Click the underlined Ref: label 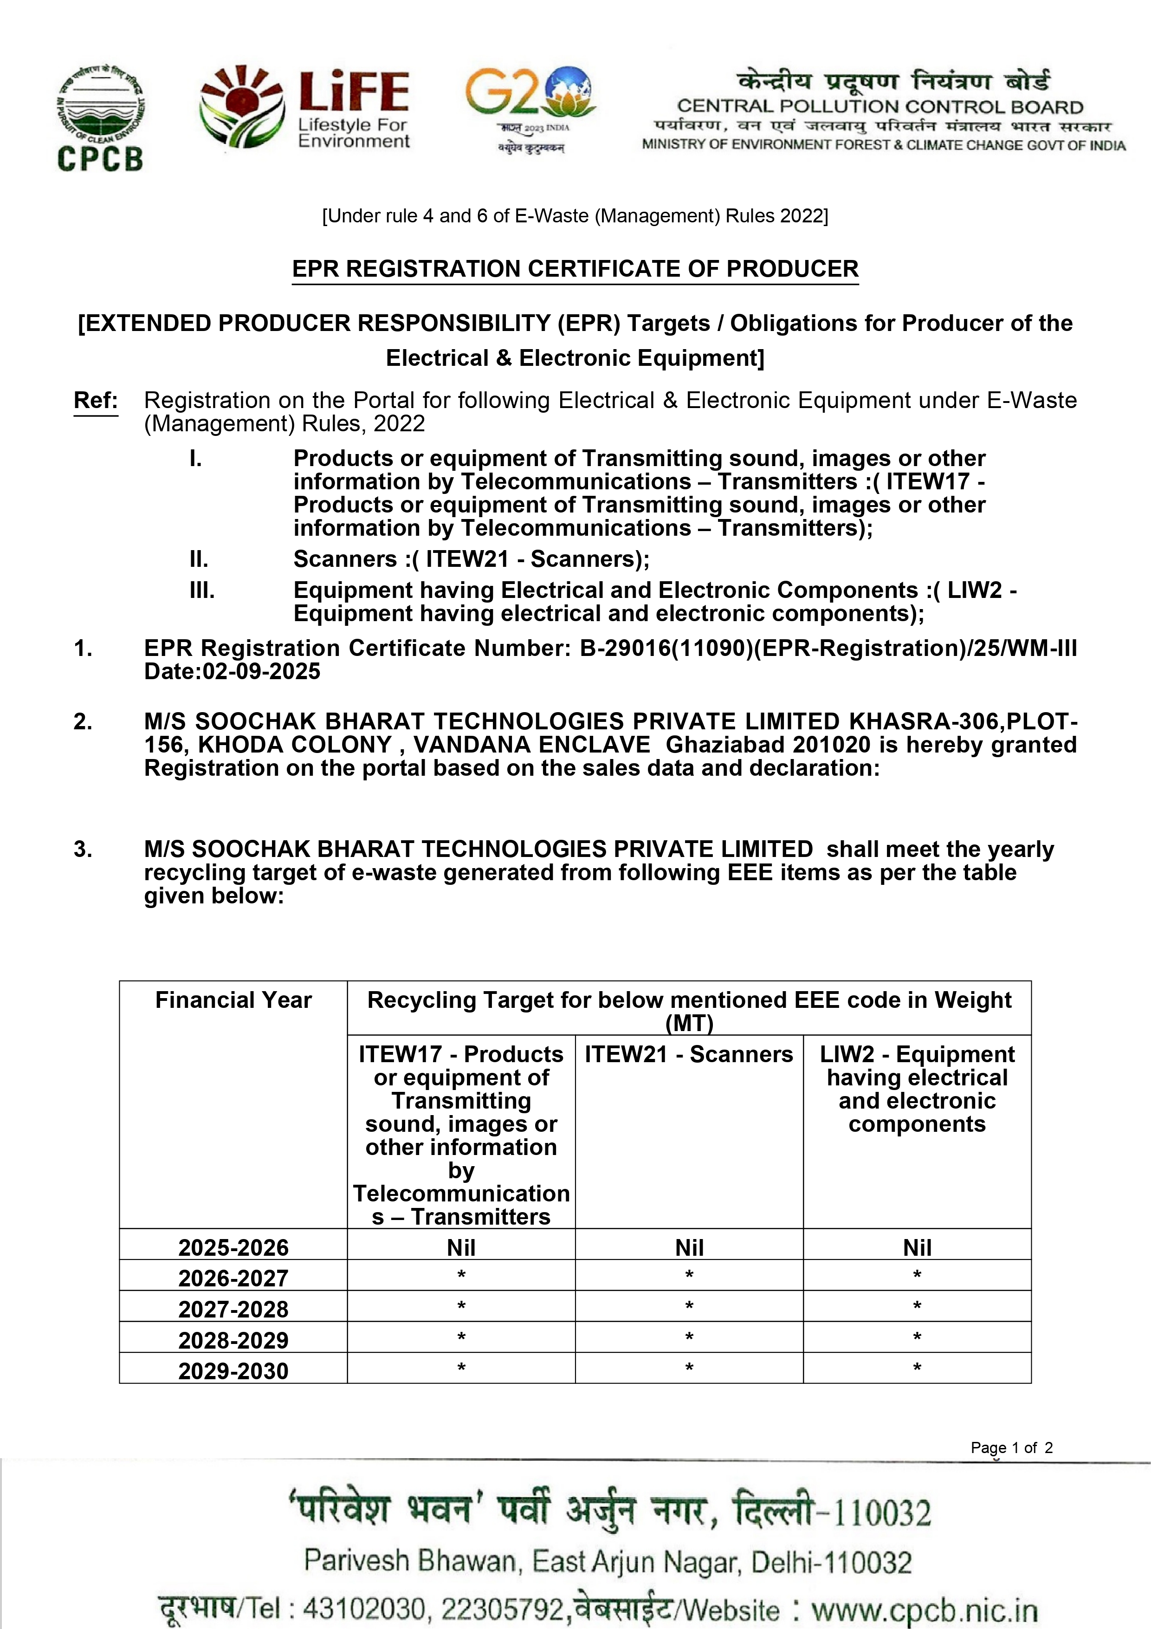pos(96,401)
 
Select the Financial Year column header pos(233,999)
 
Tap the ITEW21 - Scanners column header pos(689,1054)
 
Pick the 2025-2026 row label pos(233,1247)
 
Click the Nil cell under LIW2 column pos(917,1247)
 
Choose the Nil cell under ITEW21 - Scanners pos(689,1247)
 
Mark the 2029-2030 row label pos(233,1371)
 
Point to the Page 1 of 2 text pos(1011,1447)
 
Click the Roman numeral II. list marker pos(199,559)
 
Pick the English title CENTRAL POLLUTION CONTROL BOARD pos(880,107)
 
